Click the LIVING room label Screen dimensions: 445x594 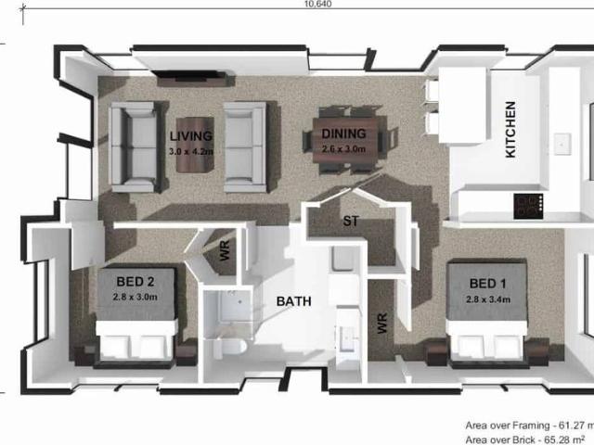coord(191,136)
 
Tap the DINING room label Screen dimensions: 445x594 coord(342,134)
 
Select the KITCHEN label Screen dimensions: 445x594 coord(510,130)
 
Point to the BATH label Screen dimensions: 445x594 coord(293,301)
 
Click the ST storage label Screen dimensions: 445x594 coord(351,222)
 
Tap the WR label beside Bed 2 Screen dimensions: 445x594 coord(226,251)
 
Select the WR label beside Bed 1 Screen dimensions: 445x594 coord(381,323)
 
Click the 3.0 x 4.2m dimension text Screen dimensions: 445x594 coord(191,150)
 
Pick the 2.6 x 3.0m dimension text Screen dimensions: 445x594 coord(343,148)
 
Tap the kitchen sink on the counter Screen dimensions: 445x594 coord(562,144)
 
